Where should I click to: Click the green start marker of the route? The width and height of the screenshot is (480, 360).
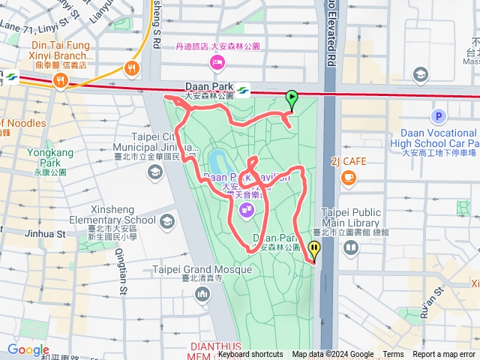(x=291, y=97)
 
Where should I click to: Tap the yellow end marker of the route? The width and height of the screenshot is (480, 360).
(x=313, y=249)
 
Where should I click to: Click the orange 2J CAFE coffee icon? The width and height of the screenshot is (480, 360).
(x=348, y=177)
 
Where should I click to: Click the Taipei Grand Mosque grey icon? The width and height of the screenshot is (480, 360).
(x=202, y=292)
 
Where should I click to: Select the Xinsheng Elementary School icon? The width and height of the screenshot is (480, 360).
(x=166, y=221)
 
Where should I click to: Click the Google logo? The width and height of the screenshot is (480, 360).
(x=28, y=350)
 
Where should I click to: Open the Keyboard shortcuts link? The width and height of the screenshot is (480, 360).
(x=250, y=355)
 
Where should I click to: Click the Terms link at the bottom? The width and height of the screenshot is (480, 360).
(x=393, y=355)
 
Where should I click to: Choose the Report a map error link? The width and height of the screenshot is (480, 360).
(x=445, y=355)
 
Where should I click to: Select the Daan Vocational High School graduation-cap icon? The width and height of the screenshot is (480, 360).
(x=421, y=74)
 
